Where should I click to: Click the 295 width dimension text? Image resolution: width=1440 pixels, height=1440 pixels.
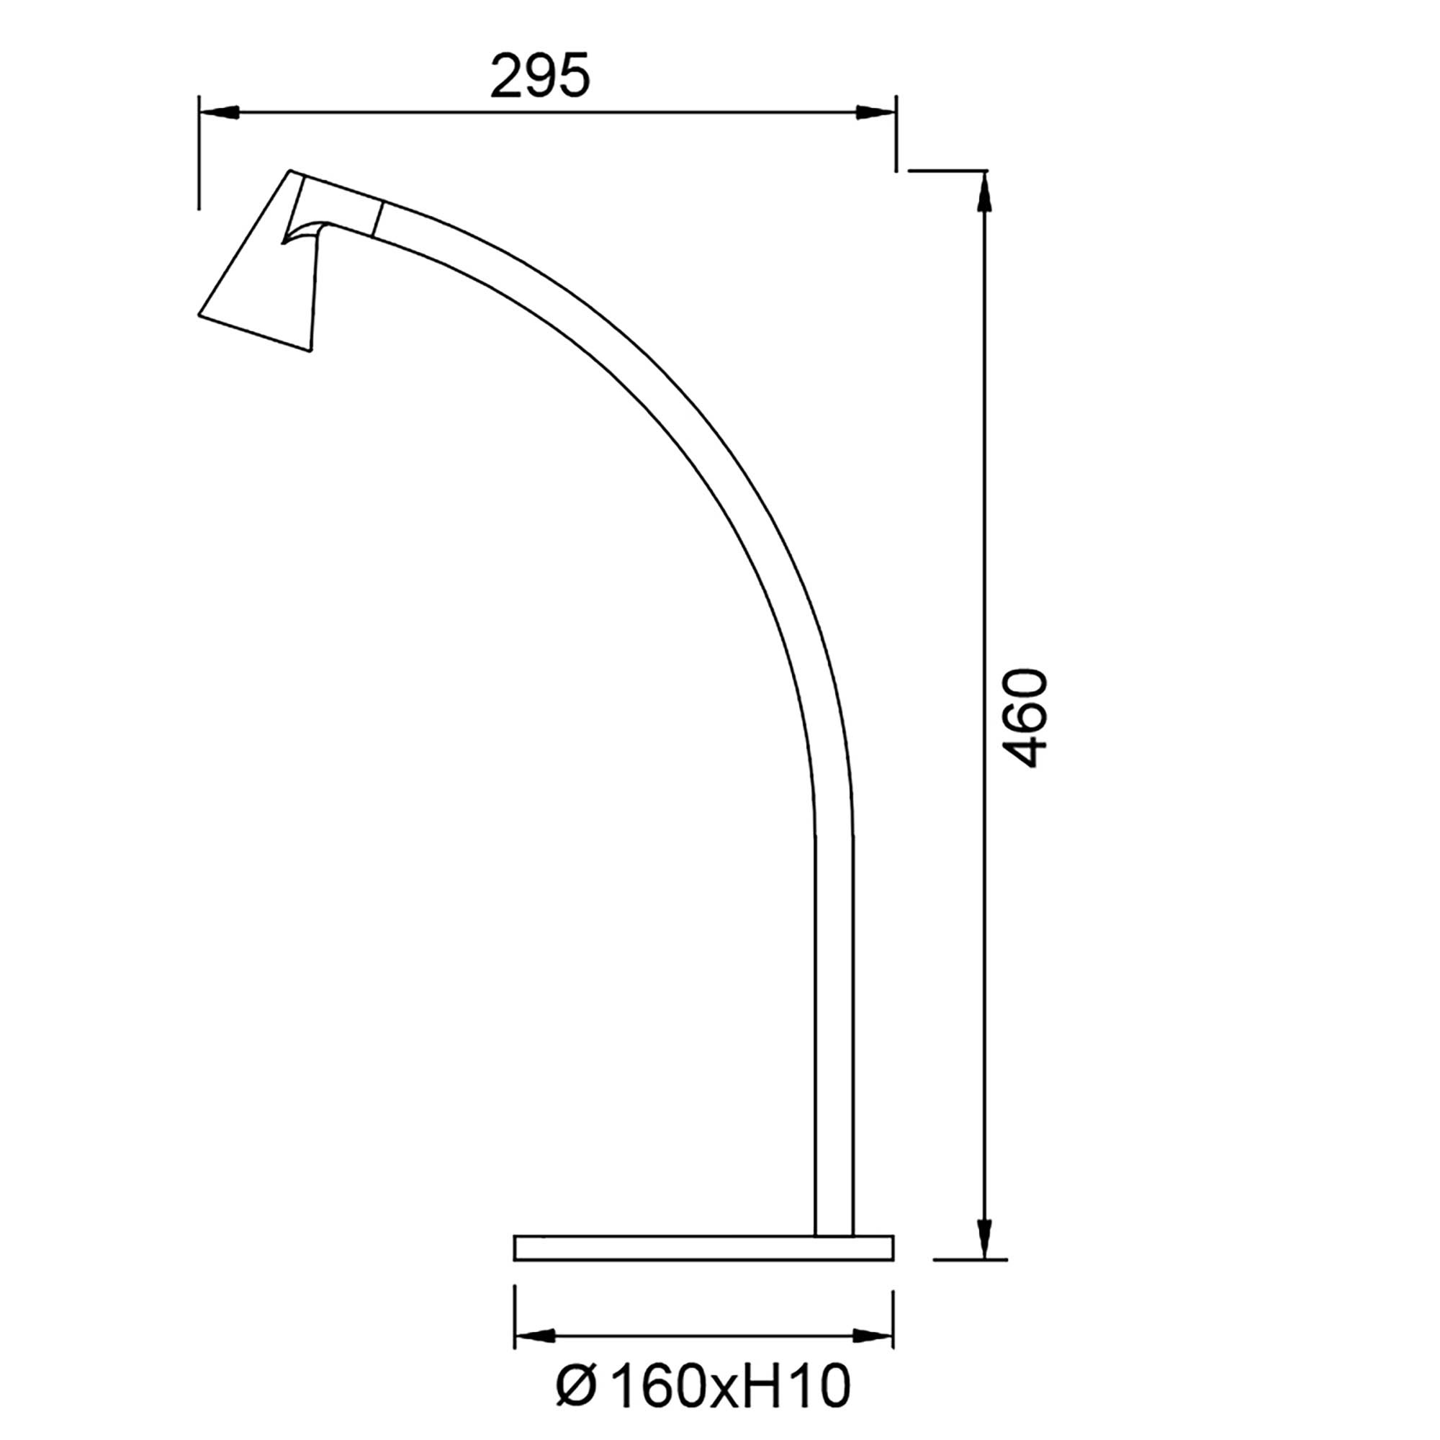(539, 76)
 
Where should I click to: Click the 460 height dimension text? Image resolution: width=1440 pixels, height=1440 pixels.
(1025, 717)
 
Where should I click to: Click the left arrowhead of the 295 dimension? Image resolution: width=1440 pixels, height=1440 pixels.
(218, 112)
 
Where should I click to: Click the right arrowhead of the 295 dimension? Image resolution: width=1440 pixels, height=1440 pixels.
(876, 112)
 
